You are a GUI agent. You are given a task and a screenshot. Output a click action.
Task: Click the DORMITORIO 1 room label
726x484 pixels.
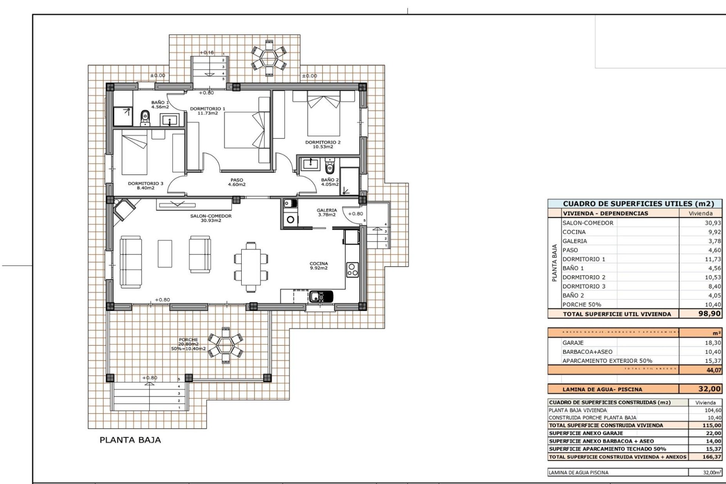coord(207,111)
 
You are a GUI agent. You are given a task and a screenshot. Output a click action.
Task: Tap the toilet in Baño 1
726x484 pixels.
coord(145,118)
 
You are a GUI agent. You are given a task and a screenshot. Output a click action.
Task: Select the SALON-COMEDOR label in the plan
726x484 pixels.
coord(211,218)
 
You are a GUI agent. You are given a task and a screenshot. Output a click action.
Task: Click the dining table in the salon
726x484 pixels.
coord(251,267)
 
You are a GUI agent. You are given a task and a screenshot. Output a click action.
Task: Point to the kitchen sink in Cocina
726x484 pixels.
coord(321,296)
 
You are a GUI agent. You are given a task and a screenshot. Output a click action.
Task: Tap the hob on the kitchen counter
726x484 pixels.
coord(352,270)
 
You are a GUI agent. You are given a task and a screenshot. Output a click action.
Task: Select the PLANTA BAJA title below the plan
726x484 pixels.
coord(130,440)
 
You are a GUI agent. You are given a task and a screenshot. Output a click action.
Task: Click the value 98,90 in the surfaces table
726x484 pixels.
coord(709,313)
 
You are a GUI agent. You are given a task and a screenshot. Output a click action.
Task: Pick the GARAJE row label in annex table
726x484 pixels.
coord(573,343)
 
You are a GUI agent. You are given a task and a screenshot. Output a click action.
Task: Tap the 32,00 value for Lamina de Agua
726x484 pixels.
coord(709,389)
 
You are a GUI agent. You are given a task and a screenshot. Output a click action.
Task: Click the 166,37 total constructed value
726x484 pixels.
coord(711,457)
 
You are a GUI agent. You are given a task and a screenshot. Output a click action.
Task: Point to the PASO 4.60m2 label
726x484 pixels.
coord(237,182)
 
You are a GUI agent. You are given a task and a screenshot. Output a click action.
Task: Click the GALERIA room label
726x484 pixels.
coord(327,213)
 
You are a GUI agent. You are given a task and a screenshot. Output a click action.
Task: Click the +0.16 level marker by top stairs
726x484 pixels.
coord(206,53)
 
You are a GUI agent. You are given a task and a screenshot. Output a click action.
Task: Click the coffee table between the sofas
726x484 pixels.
coord(165,253)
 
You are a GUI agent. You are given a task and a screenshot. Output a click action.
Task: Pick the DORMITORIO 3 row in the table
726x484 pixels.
coord(584,286)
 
